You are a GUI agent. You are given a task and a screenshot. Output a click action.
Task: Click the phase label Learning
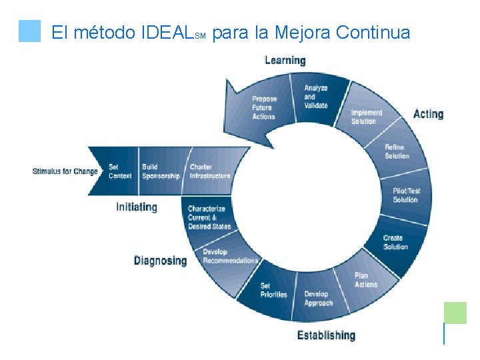point(285,61)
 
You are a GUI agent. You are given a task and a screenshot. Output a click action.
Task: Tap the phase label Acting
point(428,114)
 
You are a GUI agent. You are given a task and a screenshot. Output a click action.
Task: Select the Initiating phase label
point(137,207)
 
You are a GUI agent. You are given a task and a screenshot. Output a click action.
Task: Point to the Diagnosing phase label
point(161,261)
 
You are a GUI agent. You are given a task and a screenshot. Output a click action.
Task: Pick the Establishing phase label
point(326,335)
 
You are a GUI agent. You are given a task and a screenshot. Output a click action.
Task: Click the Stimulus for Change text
point(65,171)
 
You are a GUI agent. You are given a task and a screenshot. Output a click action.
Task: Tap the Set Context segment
point(120,171)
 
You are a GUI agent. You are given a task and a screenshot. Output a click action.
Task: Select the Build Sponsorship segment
point(161,171)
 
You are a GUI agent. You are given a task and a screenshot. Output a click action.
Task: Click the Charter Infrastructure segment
point(210,171)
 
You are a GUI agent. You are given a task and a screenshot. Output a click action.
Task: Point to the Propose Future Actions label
point(264,108)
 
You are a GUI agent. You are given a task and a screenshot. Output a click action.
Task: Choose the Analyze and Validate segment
point(316,97)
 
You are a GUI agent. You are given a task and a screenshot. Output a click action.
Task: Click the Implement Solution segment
point(367,117)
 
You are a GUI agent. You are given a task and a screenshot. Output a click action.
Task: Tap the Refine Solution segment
point(397,151)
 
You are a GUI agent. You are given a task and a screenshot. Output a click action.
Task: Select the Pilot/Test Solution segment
point(406,195)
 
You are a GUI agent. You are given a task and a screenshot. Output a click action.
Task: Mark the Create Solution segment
point(395,243)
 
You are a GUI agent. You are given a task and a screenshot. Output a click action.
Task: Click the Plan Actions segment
point(366,280)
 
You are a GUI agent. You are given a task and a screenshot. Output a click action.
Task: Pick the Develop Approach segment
point(319,298)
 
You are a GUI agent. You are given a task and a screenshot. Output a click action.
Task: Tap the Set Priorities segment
point(273,291)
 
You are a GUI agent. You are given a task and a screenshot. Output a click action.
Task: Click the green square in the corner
point(455,313)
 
